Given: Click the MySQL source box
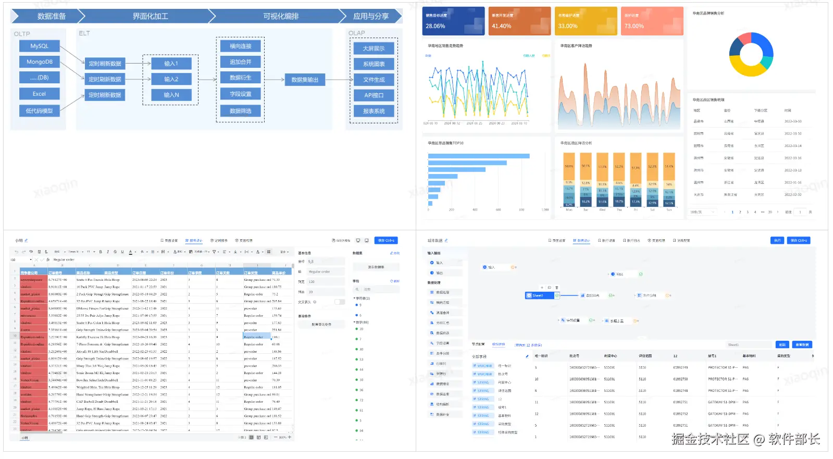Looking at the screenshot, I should [39, 46].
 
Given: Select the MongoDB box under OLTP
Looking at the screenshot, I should [39, 61].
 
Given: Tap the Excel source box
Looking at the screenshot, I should [39, 94].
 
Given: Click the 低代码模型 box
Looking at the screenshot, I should [39, 110].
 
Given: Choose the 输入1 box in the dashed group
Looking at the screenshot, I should [171, 64].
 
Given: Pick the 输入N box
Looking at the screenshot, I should [171, 95].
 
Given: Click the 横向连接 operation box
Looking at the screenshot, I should [240, 46].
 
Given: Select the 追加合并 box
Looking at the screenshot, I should [240, 61].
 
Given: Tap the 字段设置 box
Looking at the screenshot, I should [240, 94].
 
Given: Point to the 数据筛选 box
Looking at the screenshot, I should [240, 110].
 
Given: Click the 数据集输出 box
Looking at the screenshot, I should [305, 80].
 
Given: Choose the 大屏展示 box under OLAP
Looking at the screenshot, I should [374, 48].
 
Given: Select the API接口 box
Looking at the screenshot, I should [374, 95].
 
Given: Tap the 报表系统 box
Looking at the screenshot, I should [374, 111].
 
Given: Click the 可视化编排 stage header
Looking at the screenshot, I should [281, 16].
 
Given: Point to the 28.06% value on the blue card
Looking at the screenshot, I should [436, 26].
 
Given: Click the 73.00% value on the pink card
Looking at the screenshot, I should [634, 26].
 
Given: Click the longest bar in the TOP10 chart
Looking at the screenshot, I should [478, 156].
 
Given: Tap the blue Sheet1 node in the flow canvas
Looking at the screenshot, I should [539, 295].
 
